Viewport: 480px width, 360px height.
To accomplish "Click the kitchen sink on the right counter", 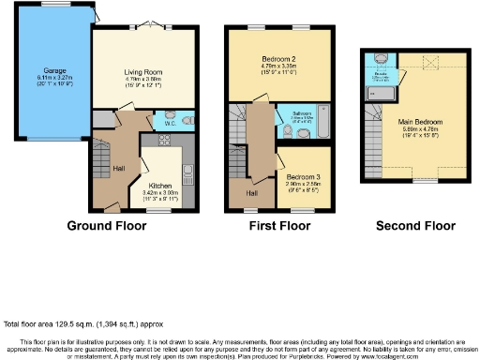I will pos(188,173).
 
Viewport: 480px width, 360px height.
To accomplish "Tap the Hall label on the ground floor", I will pos(120,168).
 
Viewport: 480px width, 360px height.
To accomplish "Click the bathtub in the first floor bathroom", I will pos(315,127).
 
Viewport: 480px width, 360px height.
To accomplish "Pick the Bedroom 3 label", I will pos(305,176).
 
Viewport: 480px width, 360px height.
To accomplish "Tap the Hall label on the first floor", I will pos(251,193).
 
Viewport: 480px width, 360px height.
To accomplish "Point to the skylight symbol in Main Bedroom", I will pos(432,62).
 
